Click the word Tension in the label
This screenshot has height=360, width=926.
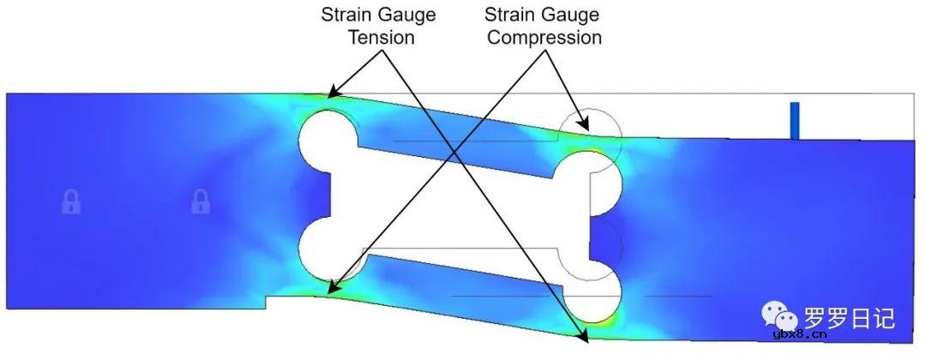pos(381,37)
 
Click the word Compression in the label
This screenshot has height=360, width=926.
pos(544,37)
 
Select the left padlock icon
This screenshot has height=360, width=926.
pos(71,201)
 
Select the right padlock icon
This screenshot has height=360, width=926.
pos(201,201)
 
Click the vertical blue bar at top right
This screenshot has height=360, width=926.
pos(794,121)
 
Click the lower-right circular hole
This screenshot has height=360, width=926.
pos(591,293)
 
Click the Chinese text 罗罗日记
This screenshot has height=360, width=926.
pos(849,318)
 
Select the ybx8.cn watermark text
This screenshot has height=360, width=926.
pos(800,335)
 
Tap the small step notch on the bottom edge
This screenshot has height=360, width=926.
pos(267,303)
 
